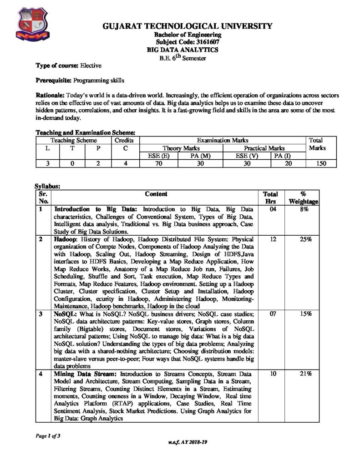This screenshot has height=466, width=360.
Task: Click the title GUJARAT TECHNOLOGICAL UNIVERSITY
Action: tap(188, 26)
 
